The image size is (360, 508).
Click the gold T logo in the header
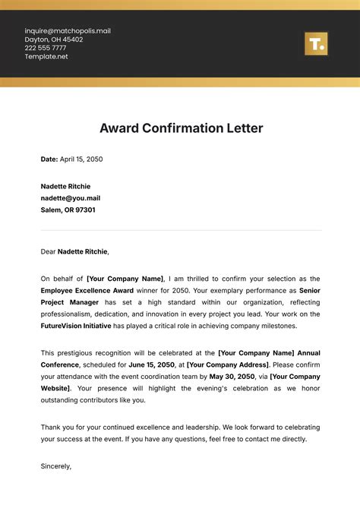(x=315, y=44)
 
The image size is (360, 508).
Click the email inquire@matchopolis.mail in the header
(x=68, y=31)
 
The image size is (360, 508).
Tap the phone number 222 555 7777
(x=46, y=48)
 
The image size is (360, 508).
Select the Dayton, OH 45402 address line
(x=54, y=39)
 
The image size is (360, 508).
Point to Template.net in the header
(x=46, y=56)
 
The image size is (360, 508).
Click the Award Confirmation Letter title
(x=181, y=128)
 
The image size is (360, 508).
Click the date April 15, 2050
(x=81, y=159)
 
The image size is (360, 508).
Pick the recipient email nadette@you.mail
(x=71, y=197)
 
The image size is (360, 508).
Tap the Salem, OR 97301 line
(x=68, y=210)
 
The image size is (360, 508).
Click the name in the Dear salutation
(x=83, y=251)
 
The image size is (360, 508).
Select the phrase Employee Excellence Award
(x=87, y=291)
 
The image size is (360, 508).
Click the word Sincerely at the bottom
(x=55, y=466)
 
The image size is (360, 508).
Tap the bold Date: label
(x=49, y=159)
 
